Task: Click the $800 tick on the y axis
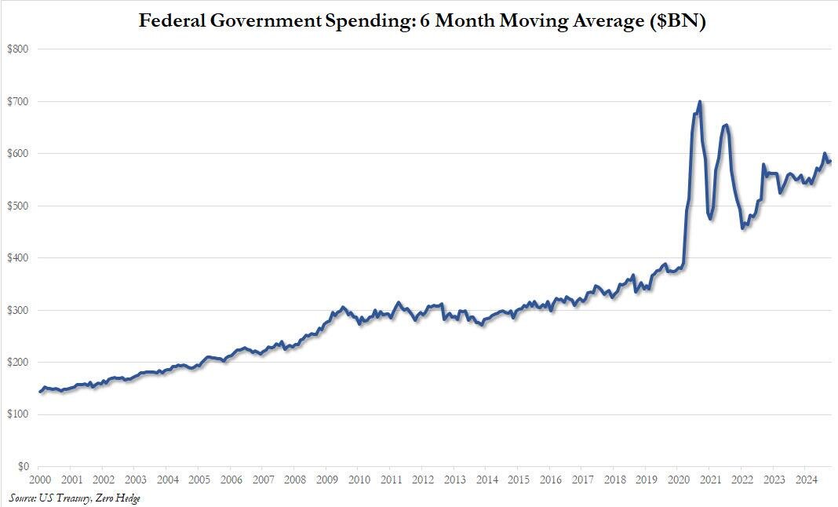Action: pyautogui.click(x=20, y=49)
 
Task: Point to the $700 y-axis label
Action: pyautogui.click(x=20, y=101)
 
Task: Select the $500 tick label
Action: pyautogui.click(x=20, y=206)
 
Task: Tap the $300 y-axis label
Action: pyautogui.click(x=20, y=310)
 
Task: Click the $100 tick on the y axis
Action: pyautogui.click(x=20, y=414)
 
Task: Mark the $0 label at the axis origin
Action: pyautogui.click(x=24, y=466)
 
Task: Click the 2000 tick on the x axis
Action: pyautogui.click(x=39, y=479)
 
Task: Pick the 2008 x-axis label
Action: pyautogui.click(x=294, y=479)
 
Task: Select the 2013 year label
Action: pyautogui.click(x=454, y=479)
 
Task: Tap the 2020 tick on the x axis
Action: pyautogui.click(x=678, y=479)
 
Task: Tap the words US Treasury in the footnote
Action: pyautogui.click(x=67, y=498)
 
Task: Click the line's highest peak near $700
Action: pyautogui.click(x=700, y=101)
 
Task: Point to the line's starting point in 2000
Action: pyautogui.click(x=39, y=392)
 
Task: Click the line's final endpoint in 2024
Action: pyautogui.click(x=830, y=162)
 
